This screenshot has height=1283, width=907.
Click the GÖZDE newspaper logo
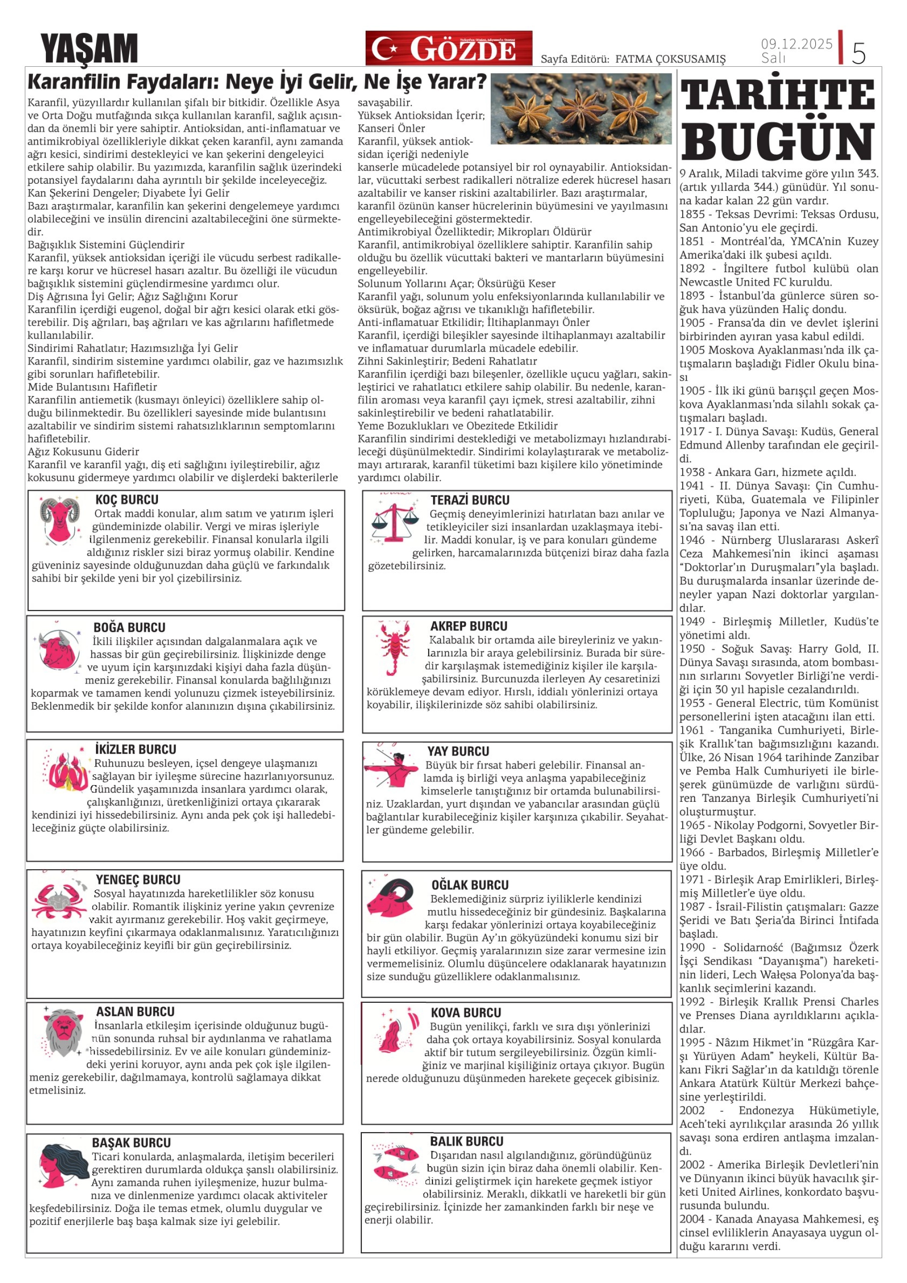tap(448, 48)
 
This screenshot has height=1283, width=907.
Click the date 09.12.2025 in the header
tap(796, 43)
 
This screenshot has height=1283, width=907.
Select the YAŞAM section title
tap(89, 49)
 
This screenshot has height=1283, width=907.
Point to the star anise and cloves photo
tap(580, 108)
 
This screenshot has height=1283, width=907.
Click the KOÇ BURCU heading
tap(127, 500)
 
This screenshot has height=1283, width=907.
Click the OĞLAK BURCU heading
tap(470, 885)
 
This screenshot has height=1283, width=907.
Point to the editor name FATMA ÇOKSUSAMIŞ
tap(670, 59)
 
